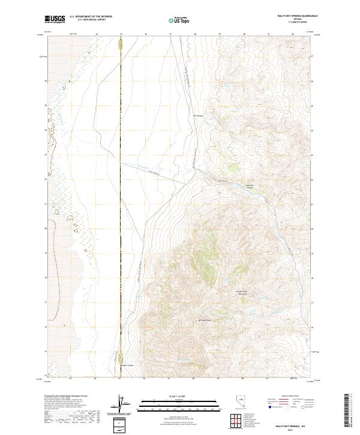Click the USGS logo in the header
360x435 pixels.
pyautogui.click(x=55, y=19)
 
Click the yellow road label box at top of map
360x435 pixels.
pyautogui.click(x=120, y=45)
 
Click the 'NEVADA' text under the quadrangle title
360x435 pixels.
pyautogui.click(x=293, y=20)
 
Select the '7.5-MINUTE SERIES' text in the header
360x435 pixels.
pyautogui.click(x=293, y=23)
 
